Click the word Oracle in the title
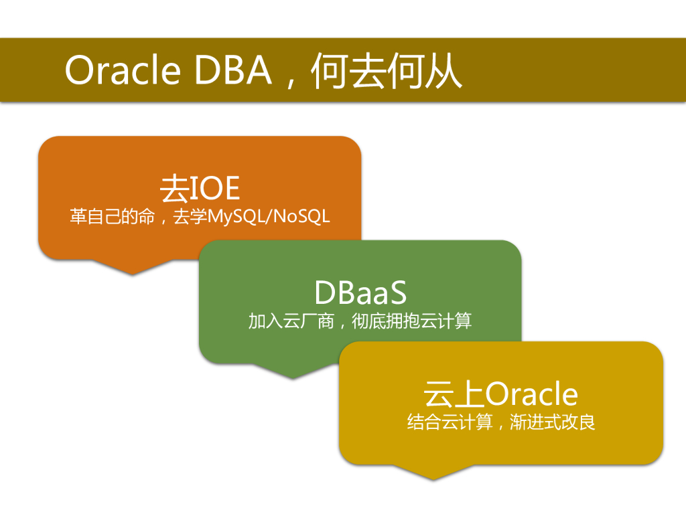coord(123,70)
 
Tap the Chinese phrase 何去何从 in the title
coord(387,70)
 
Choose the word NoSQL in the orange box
coord(302,218)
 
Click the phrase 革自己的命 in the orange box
coord(112,218)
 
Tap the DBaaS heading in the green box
coord(360,292)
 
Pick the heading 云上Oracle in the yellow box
coord(500,394)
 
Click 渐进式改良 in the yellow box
coord(553,423)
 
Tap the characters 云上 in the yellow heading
coord(454,394)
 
